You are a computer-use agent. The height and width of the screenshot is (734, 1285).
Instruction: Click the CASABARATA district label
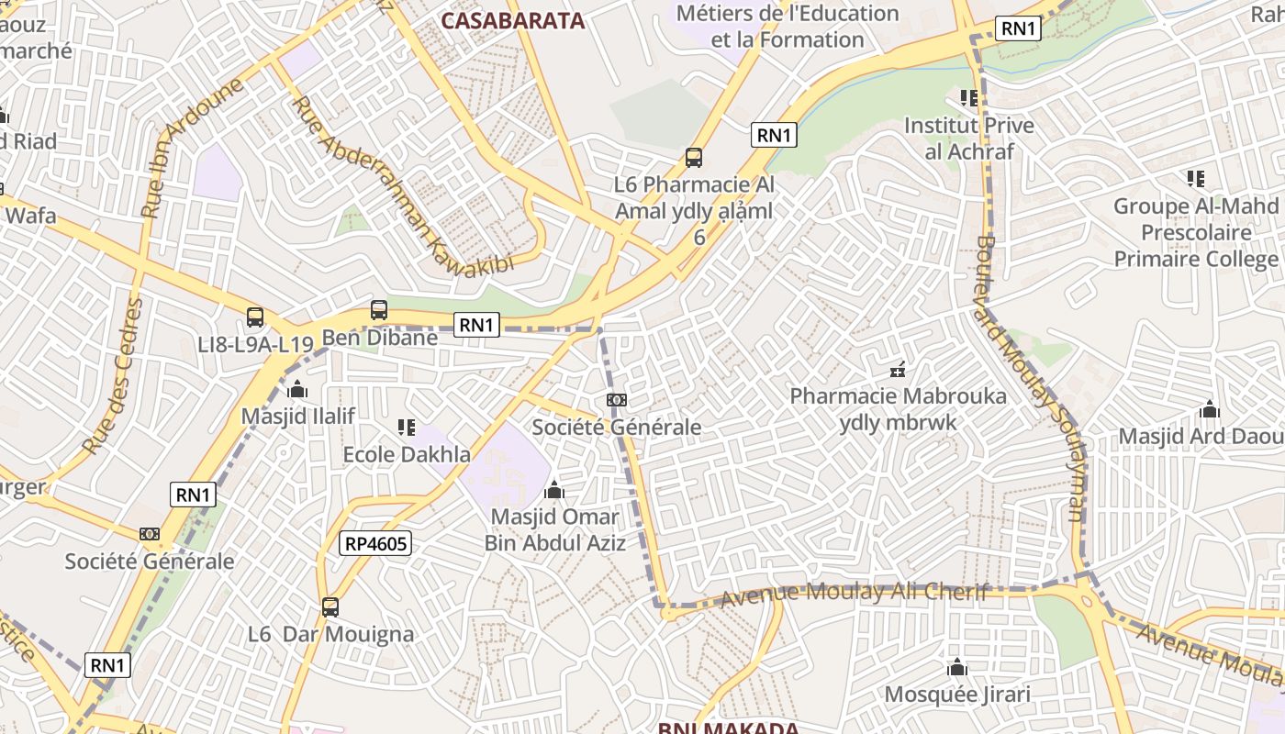tap(512, 20)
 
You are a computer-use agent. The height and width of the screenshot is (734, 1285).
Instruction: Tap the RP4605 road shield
tap(375, 543)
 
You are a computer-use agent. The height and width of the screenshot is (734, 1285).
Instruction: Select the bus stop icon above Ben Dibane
tap(379, 310)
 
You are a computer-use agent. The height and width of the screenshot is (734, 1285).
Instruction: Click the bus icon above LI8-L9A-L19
tap(255, 317)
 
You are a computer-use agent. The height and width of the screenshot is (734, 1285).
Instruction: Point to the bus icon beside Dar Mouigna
tap(330, 606)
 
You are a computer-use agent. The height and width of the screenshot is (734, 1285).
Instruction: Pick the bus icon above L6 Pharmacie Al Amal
tap(694, 158)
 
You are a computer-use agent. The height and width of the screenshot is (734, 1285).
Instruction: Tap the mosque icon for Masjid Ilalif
tap(297, 389)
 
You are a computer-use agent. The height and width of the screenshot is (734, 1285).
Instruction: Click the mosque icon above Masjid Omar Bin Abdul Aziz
tap(554, 490)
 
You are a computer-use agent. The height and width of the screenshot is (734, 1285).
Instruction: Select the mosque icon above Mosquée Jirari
tap(957, 667)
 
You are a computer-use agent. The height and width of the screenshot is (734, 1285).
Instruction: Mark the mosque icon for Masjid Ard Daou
tap(1210, 409)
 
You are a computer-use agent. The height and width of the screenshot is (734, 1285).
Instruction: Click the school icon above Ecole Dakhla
tap(407, 427)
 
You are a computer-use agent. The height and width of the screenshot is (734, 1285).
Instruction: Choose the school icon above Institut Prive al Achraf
tap(968, 97)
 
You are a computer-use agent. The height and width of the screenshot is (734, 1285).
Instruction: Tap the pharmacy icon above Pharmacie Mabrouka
tap(898, 371)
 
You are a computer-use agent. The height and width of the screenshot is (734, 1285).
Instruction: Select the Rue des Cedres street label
tap(114, 376)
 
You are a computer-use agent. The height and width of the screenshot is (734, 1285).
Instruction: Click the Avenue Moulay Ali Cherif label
tap(854, 594)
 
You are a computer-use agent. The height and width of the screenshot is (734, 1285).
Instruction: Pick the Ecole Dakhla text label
tap(407, 454)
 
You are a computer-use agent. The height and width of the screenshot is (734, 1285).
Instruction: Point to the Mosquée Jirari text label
tap(957, 695)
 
